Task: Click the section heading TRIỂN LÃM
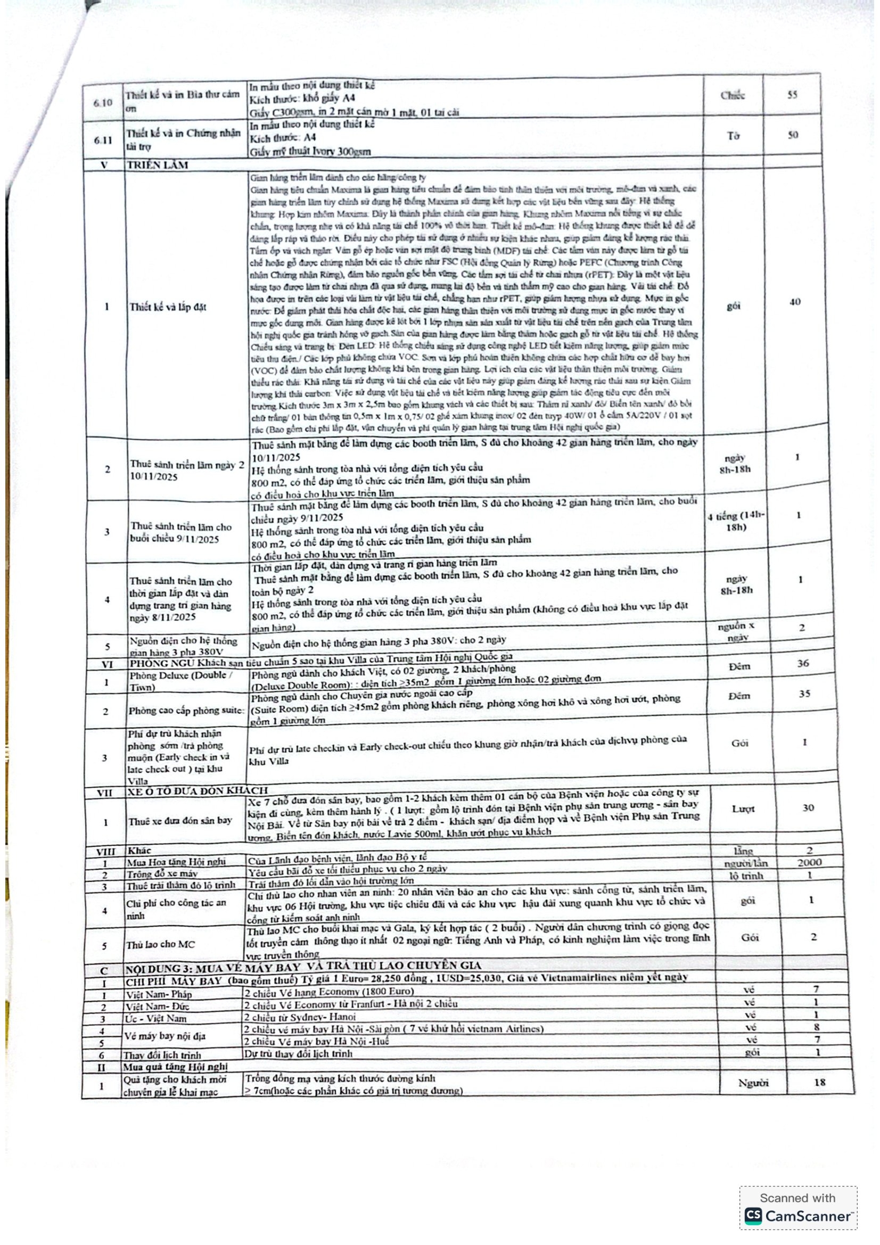157,165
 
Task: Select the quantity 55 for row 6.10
792,95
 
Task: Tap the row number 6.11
103,140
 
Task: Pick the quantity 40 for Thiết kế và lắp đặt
794,302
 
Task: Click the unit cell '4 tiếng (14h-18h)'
736,521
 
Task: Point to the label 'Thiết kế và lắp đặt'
168,307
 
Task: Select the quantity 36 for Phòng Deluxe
802,663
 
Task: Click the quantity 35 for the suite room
804,694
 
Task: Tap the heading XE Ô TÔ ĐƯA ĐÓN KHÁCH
198,790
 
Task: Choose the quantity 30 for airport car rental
808,808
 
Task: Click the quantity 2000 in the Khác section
809,862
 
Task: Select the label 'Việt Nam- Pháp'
158,994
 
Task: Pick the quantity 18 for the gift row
819,1082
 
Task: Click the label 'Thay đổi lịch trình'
162,1055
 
